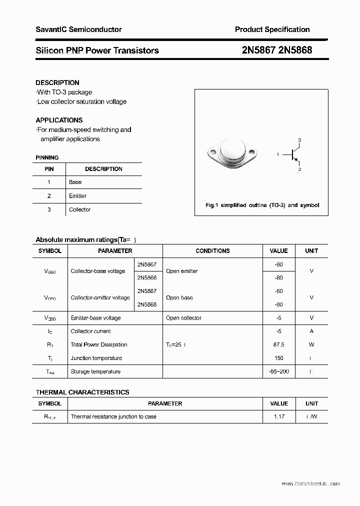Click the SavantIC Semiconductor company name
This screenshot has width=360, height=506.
[x=78, y=29]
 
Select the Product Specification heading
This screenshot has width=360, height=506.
[x=272, y=29]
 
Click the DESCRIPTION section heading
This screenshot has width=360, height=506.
[x=57, y=82]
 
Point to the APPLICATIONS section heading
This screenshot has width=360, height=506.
[x=59, y=120]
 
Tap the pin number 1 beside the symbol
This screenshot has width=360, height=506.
[x=277, y=155]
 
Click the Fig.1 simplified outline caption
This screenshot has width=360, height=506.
[x=262, y=205]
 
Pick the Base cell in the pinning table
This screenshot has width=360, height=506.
[x=75, y=182]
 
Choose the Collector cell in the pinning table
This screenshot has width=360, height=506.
[x=79, y=209]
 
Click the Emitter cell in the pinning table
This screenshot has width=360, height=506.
[x=77, y=196]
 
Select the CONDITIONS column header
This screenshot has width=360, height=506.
[x=212, y=251]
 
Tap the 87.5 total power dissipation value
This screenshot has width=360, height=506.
[x=278, y=344]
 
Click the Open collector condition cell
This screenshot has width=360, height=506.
[x=183, y=317]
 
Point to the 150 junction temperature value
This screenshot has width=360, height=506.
[x=278, y=358]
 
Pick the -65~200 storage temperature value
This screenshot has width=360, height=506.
[x=278, y=371]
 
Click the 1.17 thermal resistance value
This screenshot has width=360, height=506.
[x=278, y=416]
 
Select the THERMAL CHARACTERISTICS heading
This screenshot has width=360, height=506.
[x=82, y=392]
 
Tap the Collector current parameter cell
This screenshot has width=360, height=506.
[x=91, y=331]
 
